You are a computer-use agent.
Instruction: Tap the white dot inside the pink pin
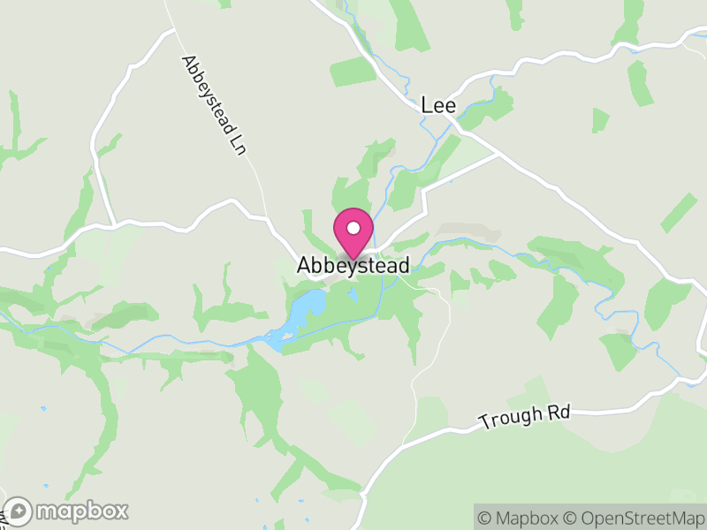pyautogui.click(x=353, y=228)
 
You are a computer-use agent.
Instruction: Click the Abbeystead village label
pyautogui.click(x=353, y=265)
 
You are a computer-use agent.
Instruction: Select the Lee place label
pyautogui.click(x=438, y=105)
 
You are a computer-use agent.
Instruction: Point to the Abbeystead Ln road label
pyautogui.click(x=212, y=102)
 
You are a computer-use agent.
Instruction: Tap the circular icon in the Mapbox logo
pyautogui.click(x=19, y=511)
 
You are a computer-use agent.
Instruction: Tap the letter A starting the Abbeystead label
pyautogui.click(x=305, y=265)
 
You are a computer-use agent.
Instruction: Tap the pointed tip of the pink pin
pyautogui.click(x=353, y=260)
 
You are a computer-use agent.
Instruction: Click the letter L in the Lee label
pyautogui.click(x=426, y=105)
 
